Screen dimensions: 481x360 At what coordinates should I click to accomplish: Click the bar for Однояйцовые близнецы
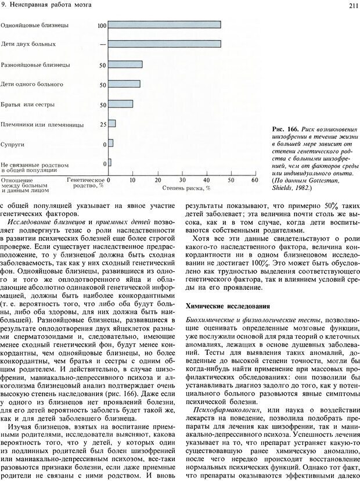click(x=164, y=24)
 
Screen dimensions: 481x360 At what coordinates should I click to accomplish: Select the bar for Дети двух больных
click(x=164, y=44)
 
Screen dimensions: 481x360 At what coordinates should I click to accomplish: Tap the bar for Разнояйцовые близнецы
click(x=125, y=64)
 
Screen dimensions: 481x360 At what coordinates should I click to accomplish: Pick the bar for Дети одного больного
click(x=124, y=84)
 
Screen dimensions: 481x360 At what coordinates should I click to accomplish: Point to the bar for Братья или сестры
click(x=121, y=104)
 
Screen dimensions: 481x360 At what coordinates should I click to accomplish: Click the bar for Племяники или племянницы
click(x=112, y=123)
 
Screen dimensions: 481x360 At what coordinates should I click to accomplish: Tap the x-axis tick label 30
click(x=181, y=180)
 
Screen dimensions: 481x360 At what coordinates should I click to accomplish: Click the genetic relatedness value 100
click(x=102, y=26)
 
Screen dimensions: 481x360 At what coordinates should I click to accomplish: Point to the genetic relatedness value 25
click(x=103, y=124)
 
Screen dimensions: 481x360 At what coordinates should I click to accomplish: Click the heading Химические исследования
click(x=219, y=305)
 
